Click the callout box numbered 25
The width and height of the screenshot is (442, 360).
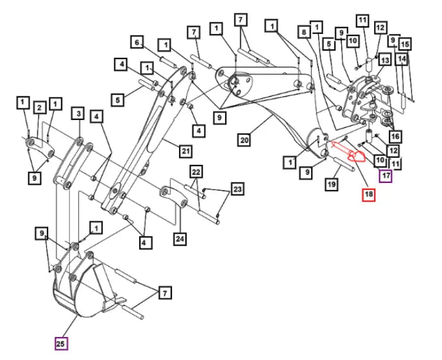61,344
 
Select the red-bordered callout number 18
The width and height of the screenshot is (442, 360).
369,194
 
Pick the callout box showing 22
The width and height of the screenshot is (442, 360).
195,171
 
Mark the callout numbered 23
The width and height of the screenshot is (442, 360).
238,189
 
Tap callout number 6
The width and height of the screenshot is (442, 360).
137,42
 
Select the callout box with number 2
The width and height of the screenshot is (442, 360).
39,107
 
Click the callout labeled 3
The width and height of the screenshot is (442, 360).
78,114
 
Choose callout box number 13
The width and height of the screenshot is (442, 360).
385,60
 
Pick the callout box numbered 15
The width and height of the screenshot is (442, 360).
404,44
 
